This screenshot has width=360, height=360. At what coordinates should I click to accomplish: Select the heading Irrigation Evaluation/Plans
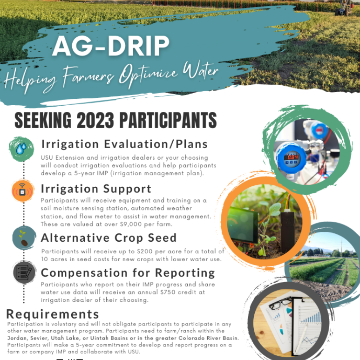coord(124,144)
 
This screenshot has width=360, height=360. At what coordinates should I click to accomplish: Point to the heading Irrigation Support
coord(96,189)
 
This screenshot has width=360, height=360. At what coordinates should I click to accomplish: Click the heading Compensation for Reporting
coord(128,272)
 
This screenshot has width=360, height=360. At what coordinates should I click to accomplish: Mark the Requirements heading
coord(53,314)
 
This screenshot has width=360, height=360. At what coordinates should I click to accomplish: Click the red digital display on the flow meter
coord(292,157)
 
